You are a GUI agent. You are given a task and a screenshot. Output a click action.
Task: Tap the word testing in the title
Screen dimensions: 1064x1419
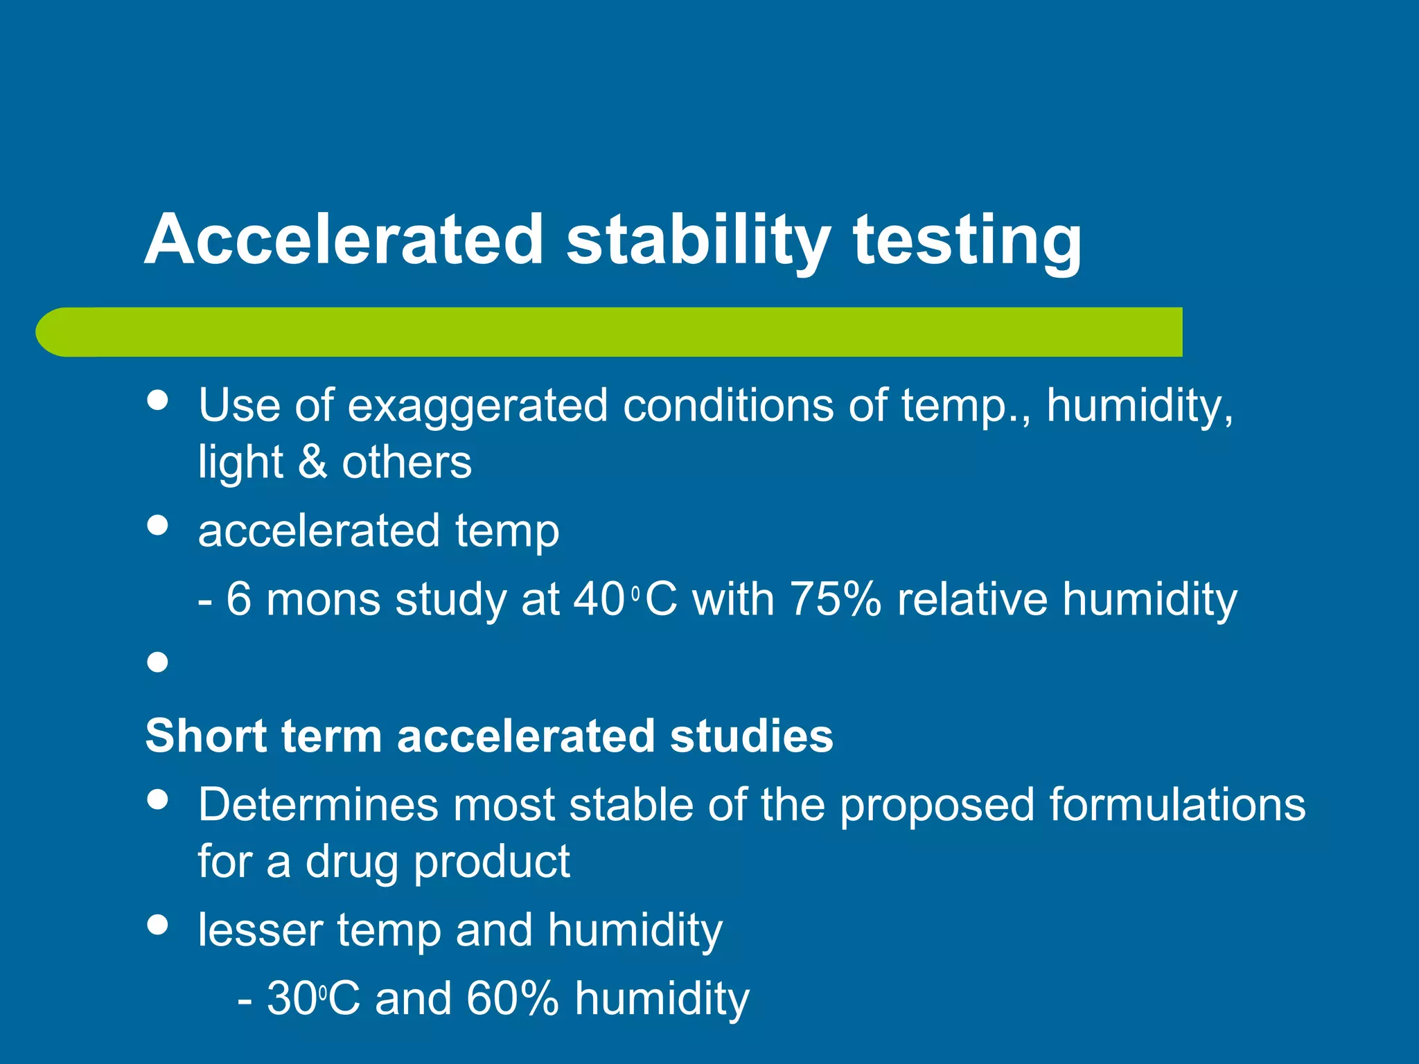click(967, 239)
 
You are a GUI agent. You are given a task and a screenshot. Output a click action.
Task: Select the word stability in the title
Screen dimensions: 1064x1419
click(698, 239)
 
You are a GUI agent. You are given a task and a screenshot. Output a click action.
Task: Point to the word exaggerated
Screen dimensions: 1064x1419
click(477, 406)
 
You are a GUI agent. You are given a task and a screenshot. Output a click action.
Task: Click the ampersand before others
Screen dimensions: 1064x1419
click(312, 462)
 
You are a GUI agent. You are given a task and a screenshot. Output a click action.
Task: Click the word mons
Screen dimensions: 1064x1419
click(323, 600)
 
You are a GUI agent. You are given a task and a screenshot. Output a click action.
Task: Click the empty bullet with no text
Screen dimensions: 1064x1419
click(158, 662)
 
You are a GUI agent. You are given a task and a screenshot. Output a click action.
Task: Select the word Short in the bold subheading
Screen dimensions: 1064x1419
click(205, 736)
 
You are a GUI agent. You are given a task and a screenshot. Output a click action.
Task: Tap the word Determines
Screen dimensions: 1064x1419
click(318, 805)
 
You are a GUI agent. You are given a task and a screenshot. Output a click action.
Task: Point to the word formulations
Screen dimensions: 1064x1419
click(1176, 805)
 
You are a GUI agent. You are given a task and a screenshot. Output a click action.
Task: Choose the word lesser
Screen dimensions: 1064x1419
click(260, 930)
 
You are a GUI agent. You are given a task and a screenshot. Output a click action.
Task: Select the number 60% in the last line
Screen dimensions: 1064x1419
click(512, 999)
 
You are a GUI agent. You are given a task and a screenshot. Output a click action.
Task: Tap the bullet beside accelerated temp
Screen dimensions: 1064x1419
click(158, 524)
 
